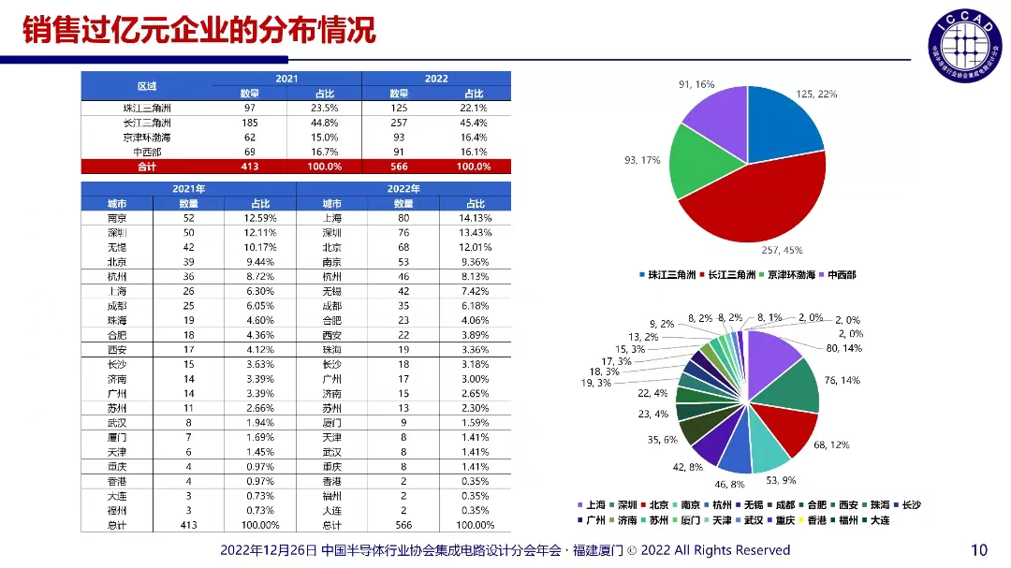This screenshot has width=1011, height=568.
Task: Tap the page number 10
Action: [x=979, y=550]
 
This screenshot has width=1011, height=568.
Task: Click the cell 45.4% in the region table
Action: [x=474, y=123]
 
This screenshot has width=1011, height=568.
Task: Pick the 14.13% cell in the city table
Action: [x=474, y=217]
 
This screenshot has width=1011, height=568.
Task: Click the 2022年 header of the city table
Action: [x=403, y=189]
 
